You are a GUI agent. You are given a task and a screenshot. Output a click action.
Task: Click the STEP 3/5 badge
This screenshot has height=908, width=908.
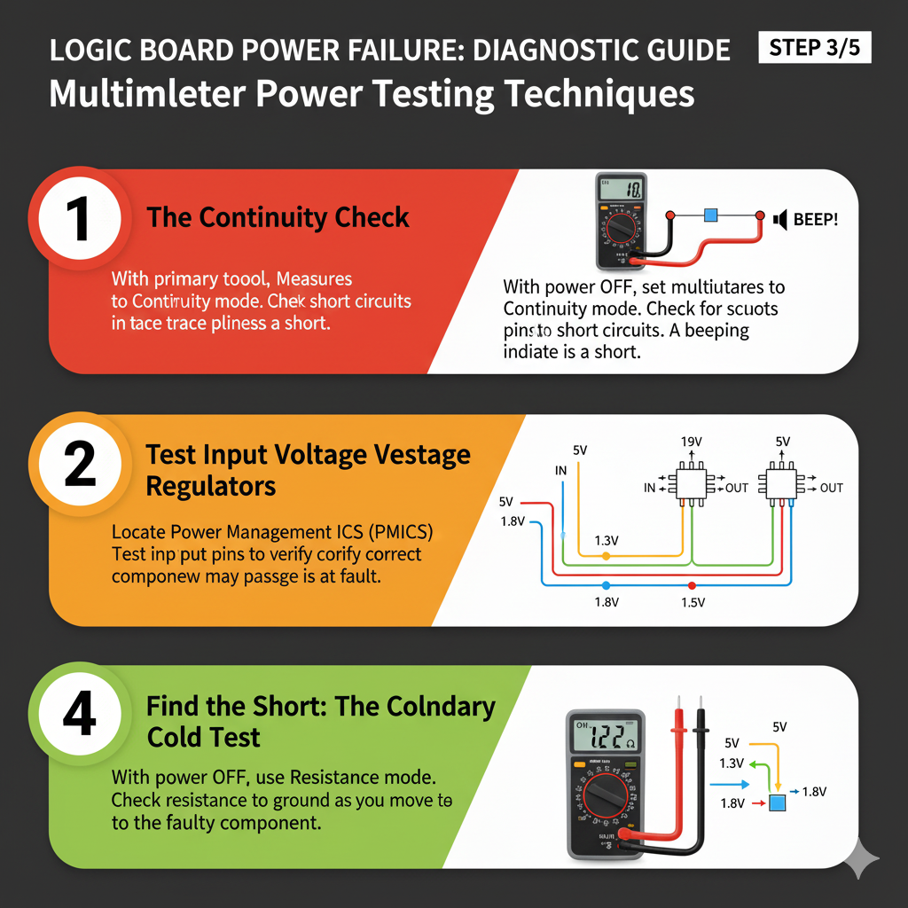[815, 47]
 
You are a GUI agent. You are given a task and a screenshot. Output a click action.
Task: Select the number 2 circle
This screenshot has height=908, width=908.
[79, 466]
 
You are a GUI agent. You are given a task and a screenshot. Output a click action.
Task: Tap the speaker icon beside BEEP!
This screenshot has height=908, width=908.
[781, 218]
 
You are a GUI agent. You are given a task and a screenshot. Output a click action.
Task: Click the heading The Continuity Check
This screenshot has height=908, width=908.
[278, 217]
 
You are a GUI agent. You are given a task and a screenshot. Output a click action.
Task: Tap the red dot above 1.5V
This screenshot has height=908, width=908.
[692, 585]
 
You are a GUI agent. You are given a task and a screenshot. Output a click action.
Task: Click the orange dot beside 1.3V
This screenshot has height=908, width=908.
[606, 556]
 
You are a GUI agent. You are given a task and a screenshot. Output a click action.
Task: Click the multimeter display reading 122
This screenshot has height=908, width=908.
[606, 735]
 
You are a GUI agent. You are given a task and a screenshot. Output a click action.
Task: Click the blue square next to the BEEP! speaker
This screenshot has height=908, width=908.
[710, 215]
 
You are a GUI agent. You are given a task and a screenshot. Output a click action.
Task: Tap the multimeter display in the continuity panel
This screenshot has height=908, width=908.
[621, 189]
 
